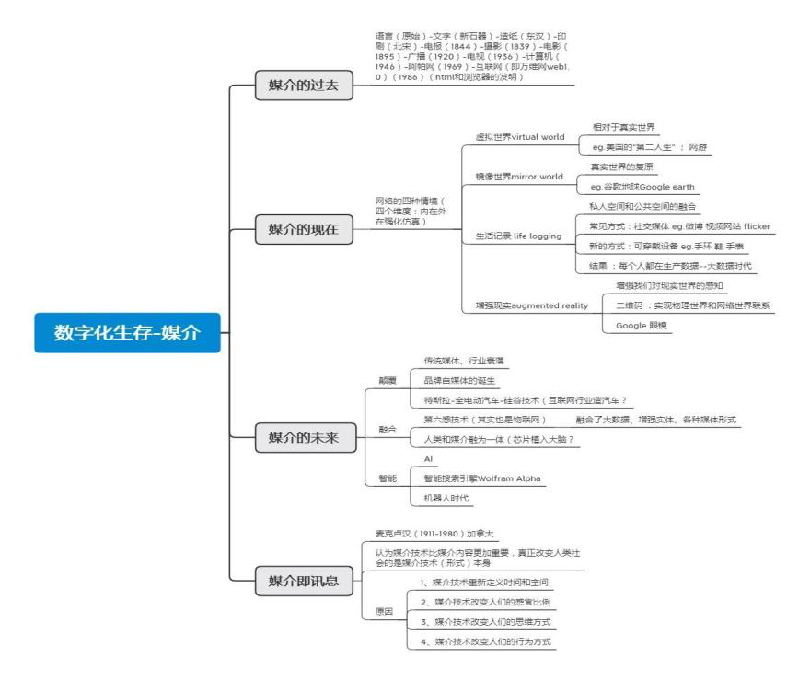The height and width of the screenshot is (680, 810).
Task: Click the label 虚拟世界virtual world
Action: pos(519,136)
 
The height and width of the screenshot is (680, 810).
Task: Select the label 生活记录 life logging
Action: pos(518,236)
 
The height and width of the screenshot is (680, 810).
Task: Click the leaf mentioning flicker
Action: pos(679,226)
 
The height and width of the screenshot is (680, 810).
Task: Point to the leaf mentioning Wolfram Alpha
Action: pos(482,478)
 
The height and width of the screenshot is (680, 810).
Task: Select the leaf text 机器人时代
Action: pos(445,498)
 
